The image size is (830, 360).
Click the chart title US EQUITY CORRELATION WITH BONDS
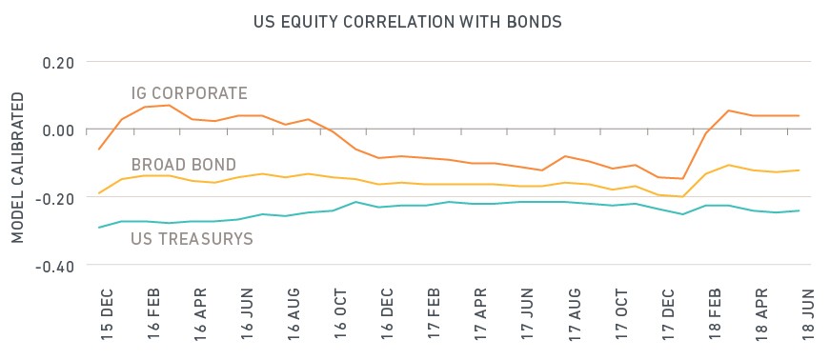coord(407,22)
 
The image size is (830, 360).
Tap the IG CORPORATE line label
coord(189,93)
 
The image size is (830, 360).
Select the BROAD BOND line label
coord(183,165)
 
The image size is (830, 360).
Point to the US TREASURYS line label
coord(192,239)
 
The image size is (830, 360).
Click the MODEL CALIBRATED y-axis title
coord(18,168)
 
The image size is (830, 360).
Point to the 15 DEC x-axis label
coord(108,315)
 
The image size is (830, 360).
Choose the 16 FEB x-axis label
coord(154,316)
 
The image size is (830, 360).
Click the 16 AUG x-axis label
coord(294,316)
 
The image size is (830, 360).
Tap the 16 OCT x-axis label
coord(340,316)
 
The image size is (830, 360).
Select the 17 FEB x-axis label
coord(434,316)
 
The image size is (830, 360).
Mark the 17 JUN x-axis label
coord(527,316)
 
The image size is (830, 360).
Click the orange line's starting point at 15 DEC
coord(99,150)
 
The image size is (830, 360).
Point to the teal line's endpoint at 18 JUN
coord(799,210)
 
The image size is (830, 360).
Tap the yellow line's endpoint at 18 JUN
coord(799,170)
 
